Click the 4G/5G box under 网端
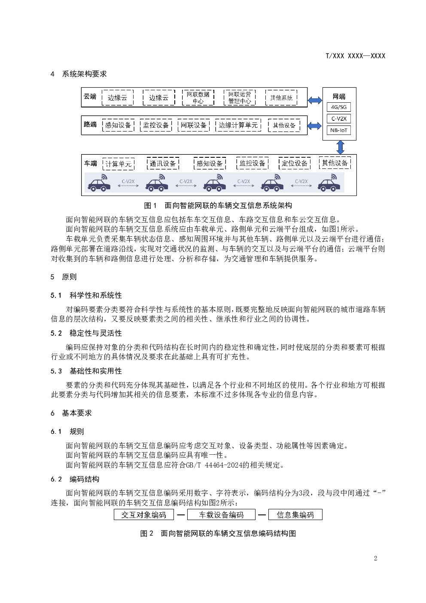coord(338,107)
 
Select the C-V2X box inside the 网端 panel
coord(338,119)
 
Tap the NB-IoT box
coord(338,130)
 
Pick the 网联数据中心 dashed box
coord(198,98)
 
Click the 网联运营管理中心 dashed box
coord(239,98)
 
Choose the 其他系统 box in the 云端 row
coord(281,98)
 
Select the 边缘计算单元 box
coord(238,125)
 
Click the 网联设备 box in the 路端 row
coord(193,125)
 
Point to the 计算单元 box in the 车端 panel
coord(119,164)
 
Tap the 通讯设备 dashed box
coord(163,163)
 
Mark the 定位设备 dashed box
coord(295,163)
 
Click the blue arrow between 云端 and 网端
coord(315,100)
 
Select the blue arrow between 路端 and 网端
coord(315,126)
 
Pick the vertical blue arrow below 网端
coord(341,147)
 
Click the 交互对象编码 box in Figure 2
coord(143,514)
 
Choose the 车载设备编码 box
coord(221,514)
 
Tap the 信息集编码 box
coord(295,514)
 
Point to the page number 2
coord(375,558)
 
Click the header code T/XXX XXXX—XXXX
coord(356,56)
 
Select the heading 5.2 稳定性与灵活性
coord(86,333)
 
